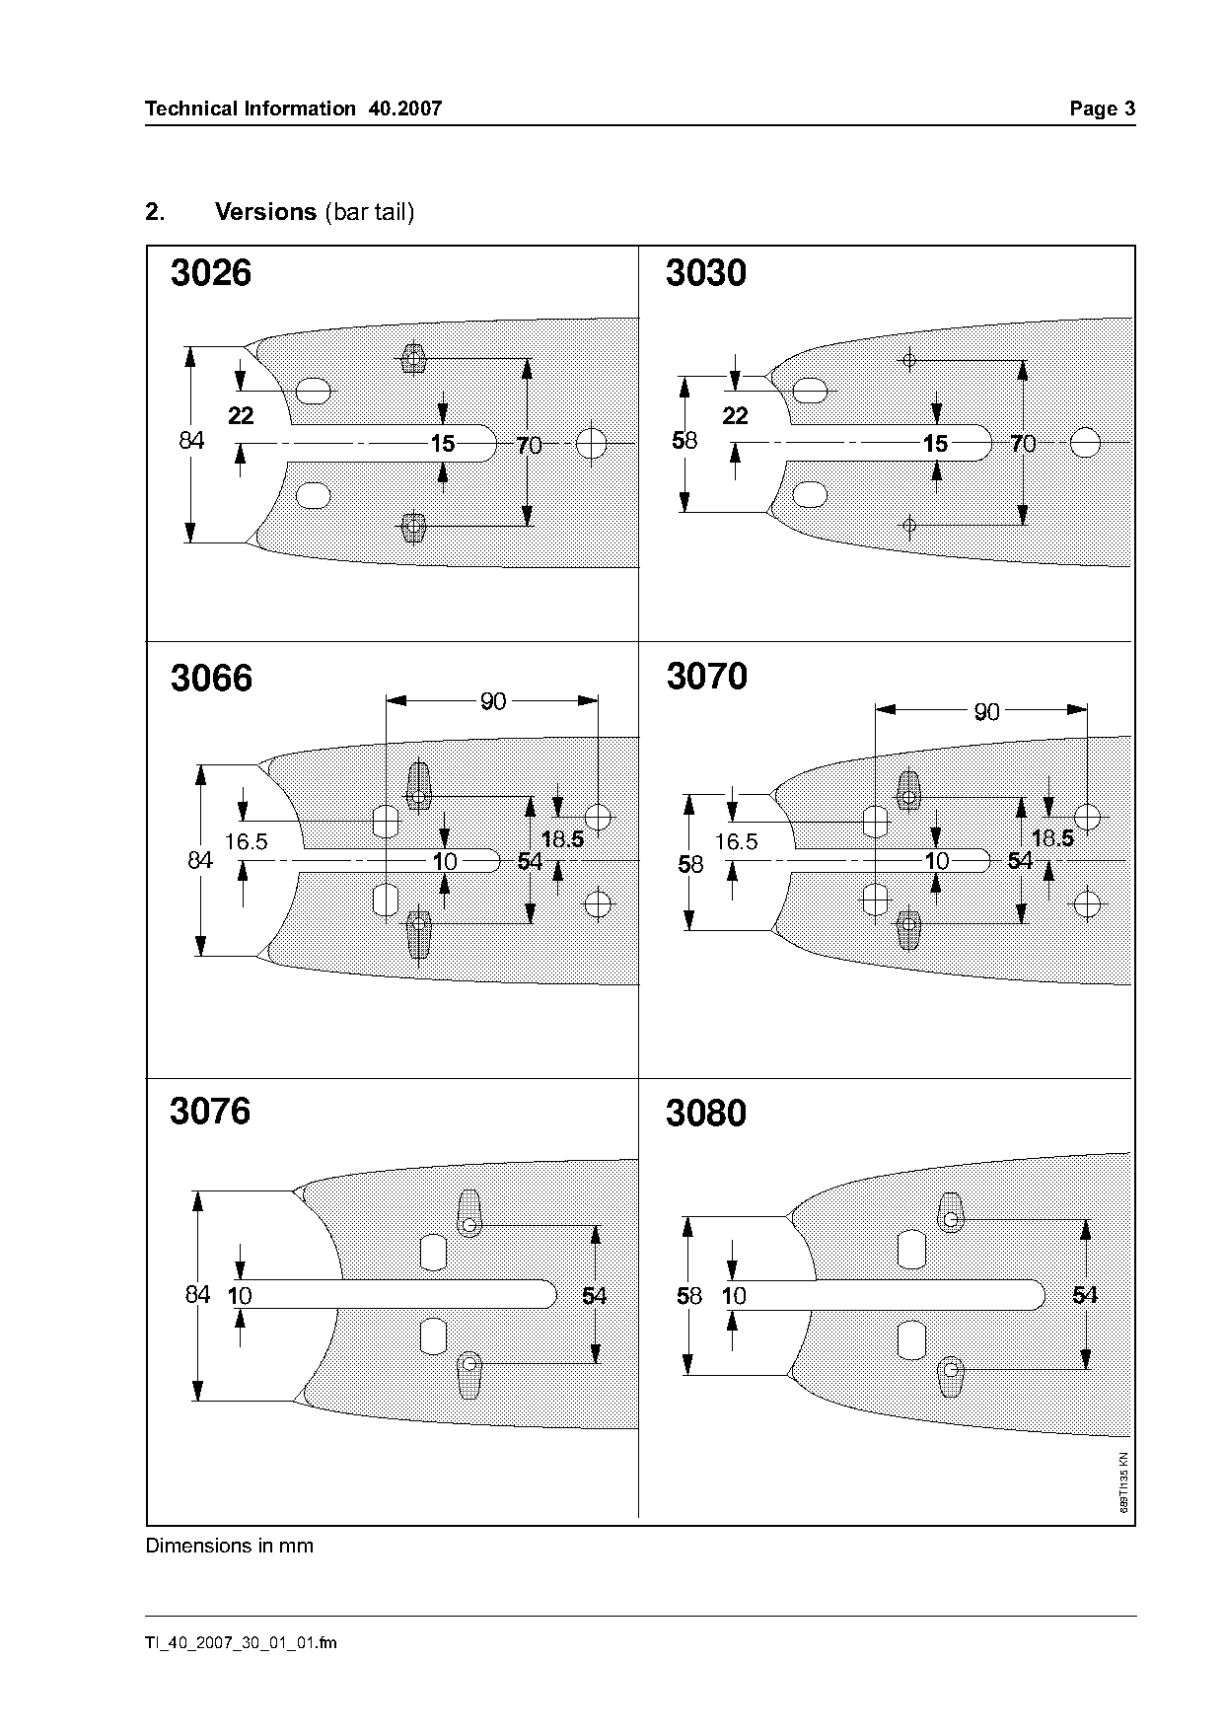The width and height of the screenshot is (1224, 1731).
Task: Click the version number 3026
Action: pos(211,273)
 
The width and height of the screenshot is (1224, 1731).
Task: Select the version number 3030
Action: pos(706,273)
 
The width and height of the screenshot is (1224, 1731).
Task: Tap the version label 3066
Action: pos(211,679)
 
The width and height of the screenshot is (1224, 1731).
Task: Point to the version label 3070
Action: pos(707,677)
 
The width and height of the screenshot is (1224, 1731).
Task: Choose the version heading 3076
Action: pos(210,1112)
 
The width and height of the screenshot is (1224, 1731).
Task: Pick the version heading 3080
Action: pos(706,1114)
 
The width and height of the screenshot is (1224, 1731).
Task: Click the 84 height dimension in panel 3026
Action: pos(191,440)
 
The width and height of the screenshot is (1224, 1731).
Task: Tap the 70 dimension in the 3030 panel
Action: pos(1023,444)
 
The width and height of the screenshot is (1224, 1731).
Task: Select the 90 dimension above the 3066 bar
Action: pos(493,701)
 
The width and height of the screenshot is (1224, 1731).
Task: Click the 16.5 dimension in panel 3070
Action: pos(737,841)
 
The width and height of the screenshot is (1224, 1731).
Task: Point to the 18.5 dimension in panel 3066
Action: pos(562,839)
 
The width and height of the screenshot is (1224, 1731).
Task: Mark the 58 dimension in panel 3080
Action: pos(689,1296)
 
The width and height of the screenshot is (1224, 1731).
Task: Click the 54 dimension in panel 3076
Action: pos(594,1296)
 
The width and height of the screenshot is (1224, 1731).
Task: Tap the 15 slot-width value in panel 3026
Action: pos(443,444)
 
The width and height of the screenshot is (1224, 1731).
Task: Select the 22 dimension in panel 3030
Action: pos(736,416)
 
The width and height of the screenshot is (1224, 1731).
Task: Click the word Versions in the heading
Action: pos(265,212)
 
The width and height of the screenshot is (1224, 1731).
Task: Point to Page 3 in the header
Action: pos(1103,108)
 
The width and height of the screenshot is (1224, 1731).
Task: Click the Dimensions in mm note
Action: pos(230,1546)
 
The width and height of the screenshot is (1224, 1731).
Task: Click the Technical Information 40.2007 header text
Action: pos(293,108)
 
